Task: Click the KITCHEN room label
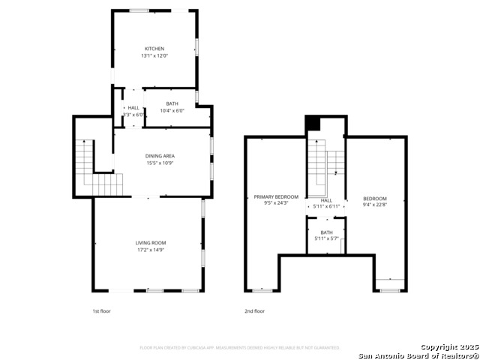[154, 49]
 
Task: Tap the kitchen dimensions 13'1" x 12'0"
[154, 55]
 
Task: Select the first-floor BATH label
[172, 103]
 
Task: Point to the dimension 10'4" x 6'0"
[172, 110]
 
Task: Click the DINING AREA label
[160, 156]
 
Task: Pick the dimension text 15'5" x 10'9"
[160, 163]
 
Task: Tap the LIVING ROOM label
[151, 242]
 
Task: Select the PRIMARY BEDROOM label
[271, 196]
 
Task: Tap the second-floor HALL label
[326, 200]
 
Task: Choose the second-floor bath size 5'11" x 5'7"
[326, 238]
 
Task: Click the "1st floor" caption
[101, 310]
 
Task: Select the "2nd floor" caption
[254, 310]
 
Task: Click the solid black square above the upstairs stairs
[313, 124]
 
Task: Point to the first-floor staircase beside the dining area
[94, 166]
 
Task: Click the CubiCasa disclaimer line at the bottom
[240, 347]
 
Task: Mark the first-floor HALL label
[133, 108]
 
